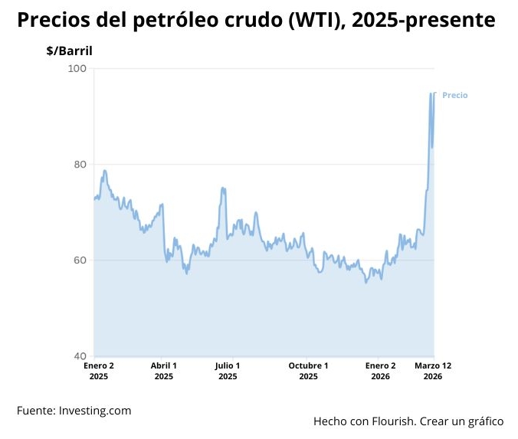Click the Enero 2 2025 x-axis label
click(x=99, y=371)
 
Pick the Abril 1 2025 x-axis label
click(x=164, y=371)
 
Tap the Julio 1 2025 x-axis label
click(x=228, y=371)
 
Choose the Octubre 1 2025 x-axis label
click(x=308, y=371)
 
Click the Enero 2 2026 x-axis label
click(x=381, y=371)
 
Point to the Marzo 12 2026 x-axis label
click(x=433, y=371)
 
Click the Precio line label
click(x=454, y=96)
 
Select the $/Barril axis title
click(x=69, y=51)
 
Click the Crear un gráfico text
click(x=468, y=421)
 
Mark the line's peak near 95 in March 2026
click(x=431, y=93)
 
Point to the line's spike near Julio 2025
click(x=222, y=188)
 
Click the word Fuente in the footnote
click(x=35, y=411)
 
